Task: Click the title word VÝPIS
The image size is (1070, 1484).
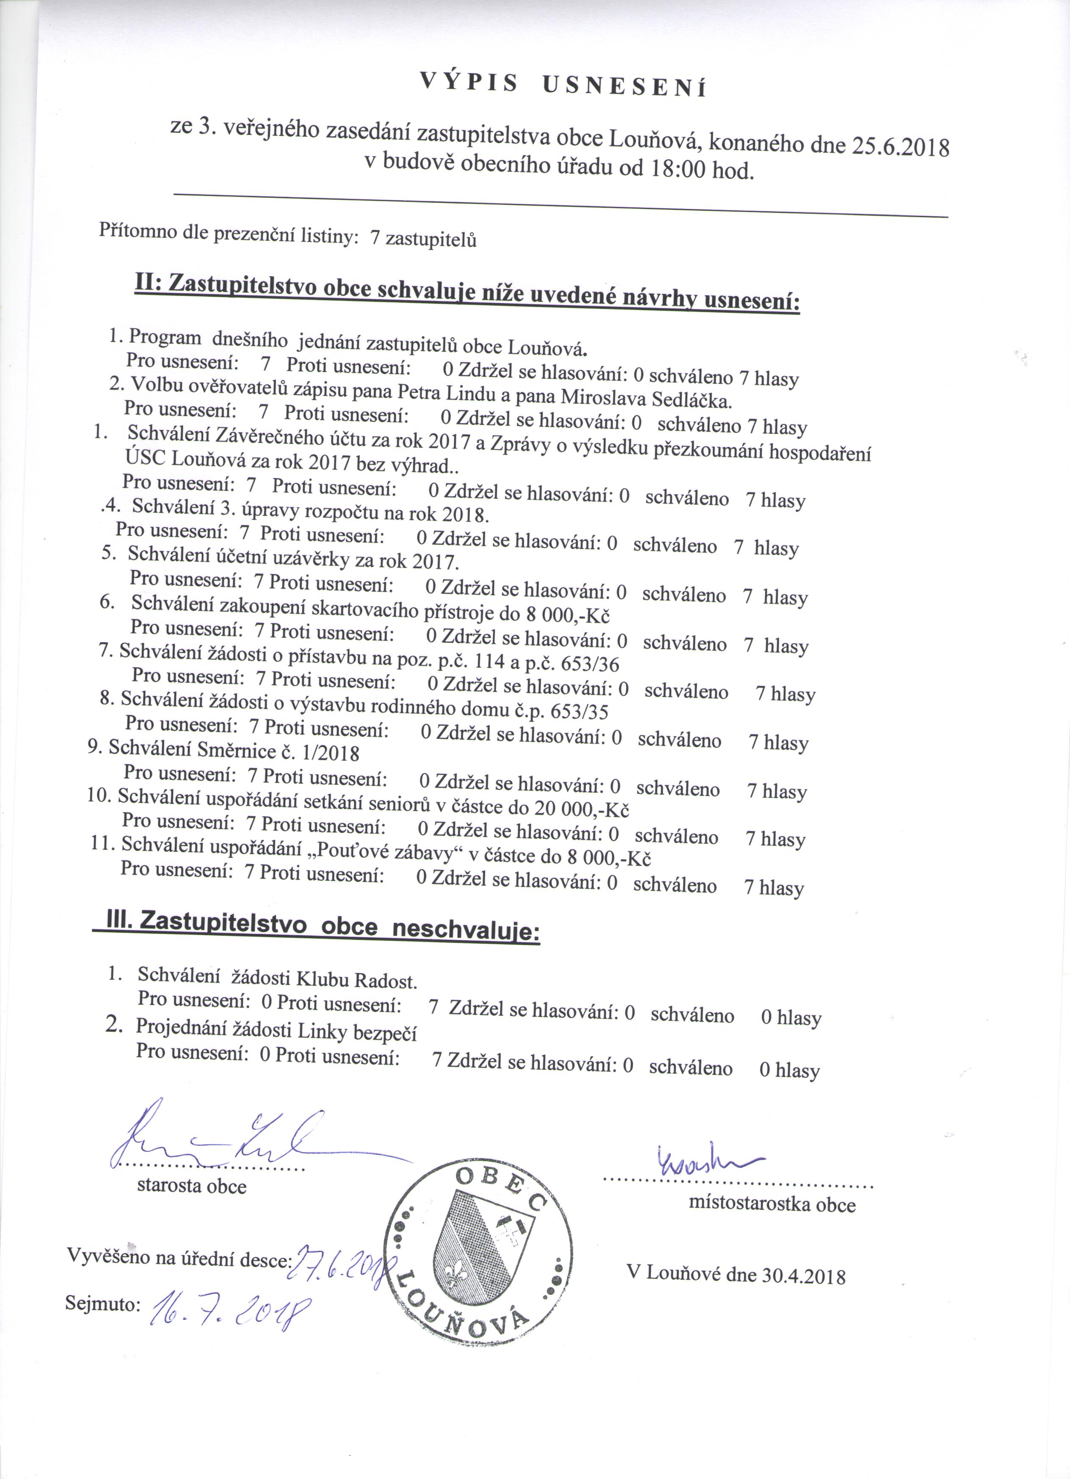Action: pos(467,81)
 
